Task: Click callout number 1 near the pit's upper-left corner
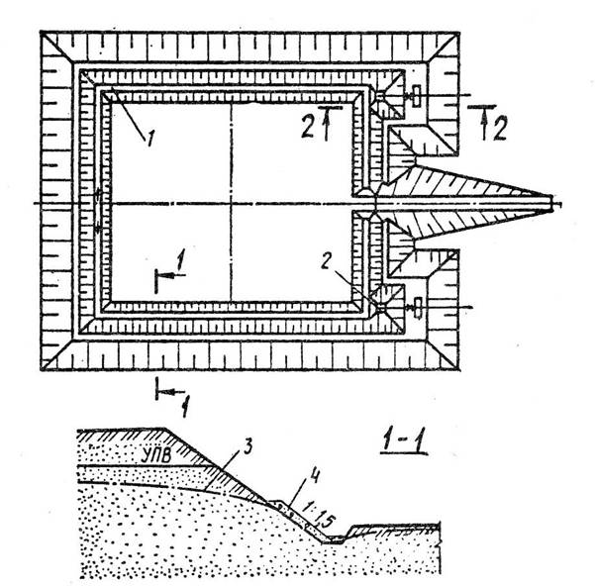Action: point(150,138)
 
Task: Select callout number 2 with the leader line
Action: point(326,261)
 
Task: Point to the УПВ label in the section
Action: point(155,455)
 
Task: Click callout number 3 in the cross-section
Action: point(247,446)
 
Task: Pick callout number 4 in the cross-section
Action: point(315,476)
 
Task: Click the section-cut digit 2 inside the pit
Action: point(308,127)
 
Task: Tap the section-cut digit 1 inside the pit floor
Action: point(180,261)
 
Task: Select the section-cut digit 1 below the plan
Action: point(184,408)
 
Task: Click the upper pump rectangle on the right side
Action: point(417,96)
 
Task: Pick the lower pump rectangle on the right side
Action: point(418,308)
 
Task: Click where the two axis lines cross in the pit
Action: point(231,204)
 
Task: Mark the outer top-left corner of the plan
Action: point(41,32)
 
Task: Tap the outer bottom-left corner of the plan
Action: point(41,369)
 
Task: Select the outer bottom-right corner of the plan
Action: point(460,369)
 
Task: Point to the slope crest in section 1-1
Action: point(166,429)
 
